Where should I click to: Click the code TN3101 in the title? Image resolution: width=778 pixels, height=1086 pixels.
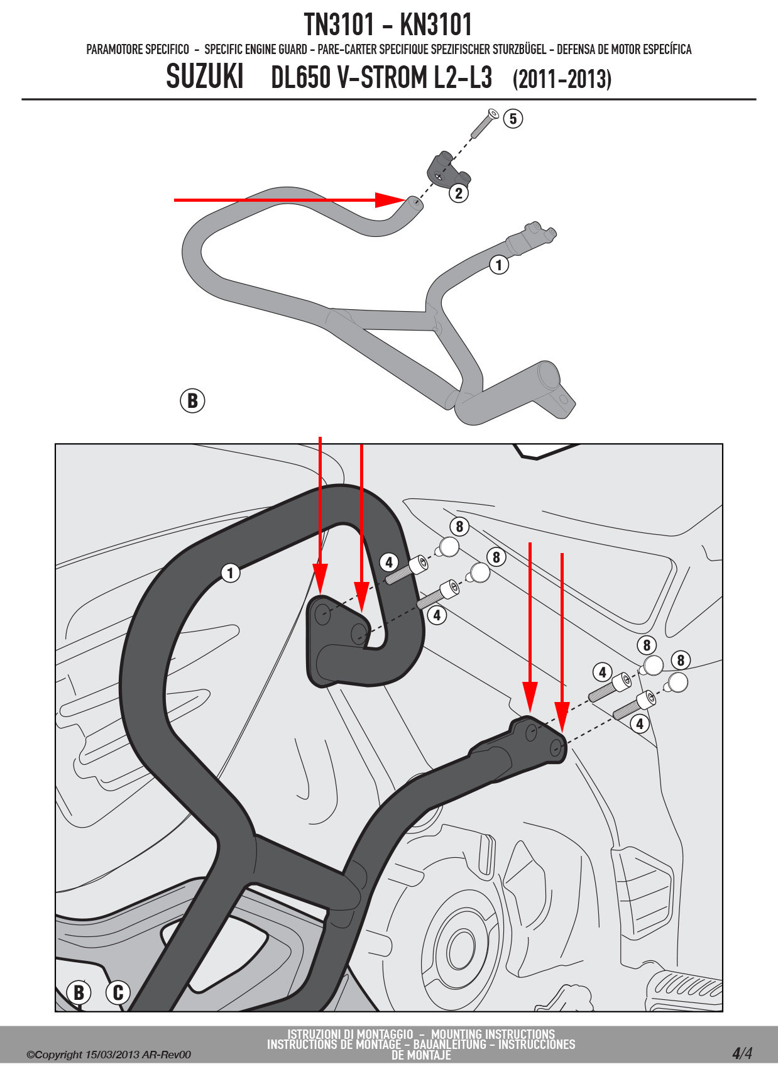(339, 25)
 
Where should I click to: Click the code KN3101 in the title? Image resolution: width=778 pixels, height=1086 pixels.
(436, 25)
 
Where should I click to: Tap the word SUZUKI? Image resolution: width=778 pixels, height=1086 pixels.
(205, 77)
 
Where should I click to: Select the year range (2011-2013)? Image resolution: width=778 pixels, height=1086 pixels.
(562, 79)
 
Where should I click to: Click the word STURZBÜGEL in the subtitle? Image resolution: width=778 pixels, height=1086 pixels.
(519, 50)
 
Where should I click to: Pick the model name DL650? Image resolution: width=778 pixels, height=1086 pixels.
(300, 77)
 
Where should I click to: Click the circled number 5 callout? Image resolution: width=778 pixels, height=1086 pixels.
(513, 118)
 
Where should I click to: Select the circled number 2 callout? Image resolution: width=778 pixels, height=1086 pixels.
(459, 193)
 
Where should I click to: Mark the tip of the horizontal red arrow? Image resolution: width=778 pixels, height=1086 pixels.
(405, 200)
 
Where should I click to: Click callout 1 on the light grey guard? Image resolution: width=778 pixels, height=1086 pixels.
(499, 265)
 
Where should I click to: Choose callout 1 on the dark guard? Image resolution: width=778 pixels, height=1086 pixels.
(230, 573)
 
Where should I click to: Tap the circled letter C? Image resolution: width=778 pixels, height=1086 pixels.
(118, 992)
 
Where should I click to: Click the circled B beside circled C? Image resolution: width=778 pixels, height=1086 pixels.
(79, 992)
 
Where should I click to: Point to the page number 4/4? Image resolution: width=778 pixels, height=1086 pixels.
(742, 1053)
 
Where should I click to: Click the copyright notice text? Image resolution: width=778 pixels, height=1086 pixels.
(109, 1055)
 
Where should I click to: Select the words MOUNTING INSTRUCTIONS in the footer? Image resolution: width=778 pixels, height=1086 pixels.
(493, 1034)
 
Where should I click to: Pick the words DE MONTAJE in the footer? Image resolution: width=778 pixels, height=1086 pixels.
(421, 1055)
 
